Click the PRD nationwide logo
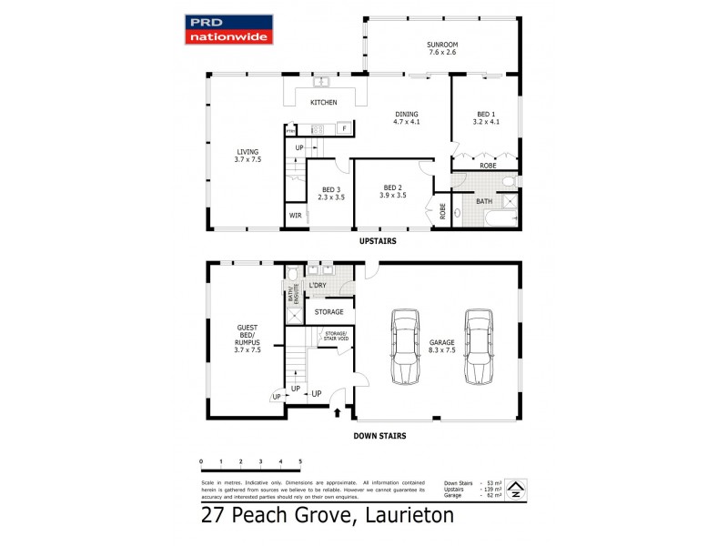coord(229,29)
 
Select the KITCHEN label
coord(324,103)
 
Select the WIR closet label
coord(296,216)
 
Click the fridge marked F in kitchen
coord(345,128)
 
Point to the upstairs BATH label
coord(485,200)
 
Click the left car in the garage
coord(404,347)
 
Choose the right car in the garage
coord(479,347)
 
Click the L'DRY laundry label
coord(318,286)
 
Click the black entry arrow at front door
coord(339,412)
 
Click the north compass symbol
coord(515,489)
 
